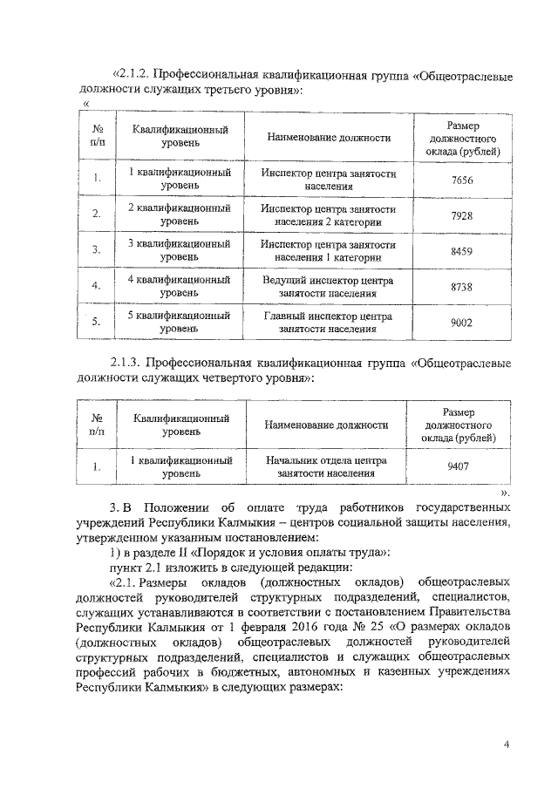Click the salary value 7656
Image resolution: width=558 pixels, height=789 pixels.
click(462, 180)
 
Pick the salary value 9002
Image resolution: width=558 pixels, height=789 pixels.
click(462, 323)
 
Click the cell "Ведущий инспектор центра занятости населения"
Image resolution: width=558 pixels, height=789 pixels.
click(328, 287)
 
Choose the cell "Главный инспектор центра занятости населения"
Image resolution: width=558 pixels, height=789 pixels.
click(328, 323)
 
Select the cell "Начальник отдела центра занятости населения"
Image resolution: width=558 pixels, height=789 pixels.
click(328, 466)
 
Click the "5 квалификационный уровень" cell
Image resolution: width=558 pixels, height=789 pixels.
click(180, 323)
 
